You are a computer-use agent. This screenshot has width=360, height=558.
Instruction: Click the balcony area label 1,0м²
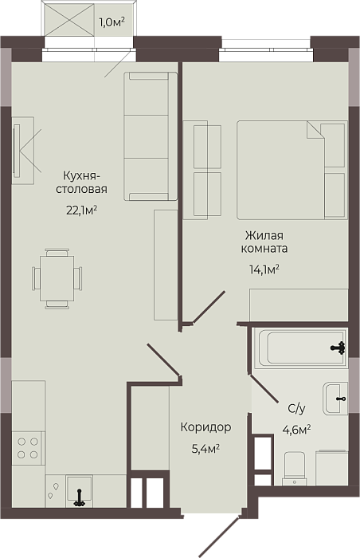pos(112,22)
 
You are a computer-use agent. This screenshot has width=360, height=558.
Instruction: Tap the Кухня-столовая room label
pos(81,183)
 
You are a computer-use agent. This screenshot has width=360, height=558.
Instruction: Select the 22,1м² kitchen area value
pos(82,210)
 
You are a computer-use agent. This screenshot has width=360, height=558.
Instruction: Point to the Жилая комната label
pos(264,242)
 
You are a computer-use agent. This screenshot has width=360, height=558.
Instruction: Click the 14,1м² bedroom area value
pos(264,269)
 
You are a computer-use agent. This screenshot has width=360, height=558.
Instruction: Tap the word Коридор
pos(206,426)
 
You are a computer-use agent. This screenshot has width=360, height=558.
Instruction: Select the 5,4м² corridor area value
pos(205,449)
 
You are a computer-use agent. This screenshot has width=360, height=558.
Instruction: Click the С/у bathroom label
pos(296,409)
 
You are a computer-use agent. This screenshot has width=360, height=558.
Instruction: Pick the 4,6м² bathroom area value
pos(296,430)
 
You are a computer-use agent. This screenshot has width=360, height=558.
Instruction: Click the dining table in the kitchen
pos(57,278)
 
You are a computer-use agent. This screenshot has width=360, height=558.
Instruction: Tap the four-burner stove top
pos(28,448)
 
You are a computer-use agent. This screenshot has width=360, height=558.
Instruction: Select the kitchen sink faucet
pos(80,498)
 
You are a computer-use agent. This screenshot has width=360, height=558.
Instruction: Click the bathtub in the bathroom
pos(300,348)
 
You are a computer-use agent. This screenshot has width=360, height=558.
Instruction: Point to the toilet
pos(294,469)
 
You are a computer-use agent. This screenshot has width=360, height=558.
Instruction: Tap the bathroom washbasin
pos(335,399)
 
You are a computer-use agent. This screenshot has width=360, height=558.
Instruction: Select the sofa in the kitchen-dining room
pos(151,136)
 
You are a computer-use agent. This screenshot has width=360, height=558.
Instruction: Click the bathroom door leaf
pos(264,388)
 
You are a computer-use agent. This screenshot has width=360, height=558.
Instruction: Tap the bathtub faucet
pos(338,348)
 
